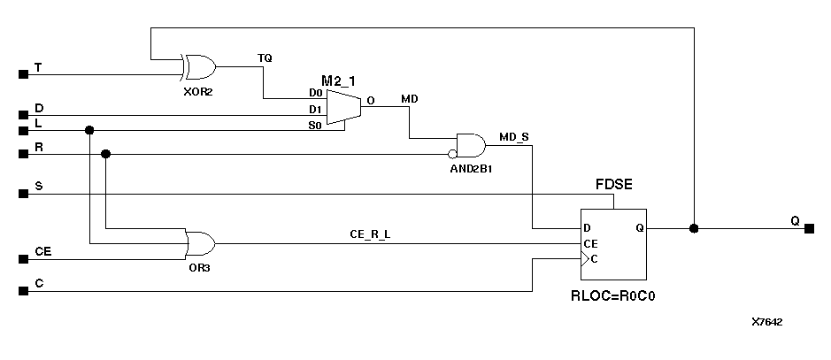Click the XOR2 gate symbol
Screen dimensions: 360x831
coord(196,66)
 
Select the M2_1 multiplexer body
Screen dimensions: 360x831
coord(343,107)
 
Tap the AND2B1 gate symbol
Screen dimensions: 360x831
coord(471,146)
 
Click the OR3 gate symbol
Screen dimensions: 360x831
coord(200,243)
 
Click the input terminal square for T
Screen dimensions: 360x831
coord(23,74)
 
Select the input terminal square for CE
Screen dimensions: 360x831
coord(23,259)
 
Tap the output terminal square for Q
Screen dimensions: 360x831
coord(809,228)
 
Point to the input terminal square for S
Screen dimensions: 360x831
coord(23,193)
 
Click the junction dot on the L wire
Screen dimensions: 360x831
coord(88,130)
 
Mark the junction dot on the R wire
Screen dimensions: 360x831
coord(106,154)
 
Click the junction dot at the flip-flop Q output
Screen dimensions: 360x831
coord(694,228)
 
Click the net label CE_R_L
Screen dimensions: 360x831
coord(369,234)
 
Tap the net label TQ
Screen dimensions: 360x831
coord(265,57)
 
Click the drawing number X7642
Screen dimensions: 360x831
coord(767,322)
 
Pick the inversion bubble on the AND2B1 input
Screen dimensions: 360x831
coord(452,154)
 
